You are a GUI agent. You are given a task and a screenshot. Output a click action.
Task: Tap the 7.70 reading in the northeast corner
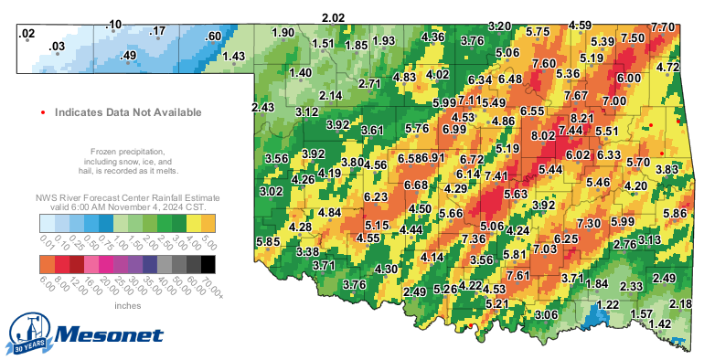(662, 27)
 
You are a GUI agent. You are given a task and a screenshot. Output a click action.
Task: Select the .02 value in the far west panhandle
(27, 34)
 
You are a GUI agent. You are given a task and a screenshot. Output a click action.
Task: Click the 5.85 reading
(268, 241)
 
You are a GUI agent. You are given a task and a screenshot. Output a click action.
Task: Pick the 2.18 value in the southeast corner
(680, 303)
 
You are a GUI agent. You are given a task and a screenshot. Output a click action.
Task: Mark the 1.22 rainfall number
(608, 305)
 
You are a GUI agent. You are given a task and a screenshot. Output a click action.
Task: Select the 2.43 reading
(262, 108)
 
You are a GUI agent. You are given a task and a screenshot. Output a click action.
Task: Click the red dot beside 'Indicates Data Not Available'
(44, 112)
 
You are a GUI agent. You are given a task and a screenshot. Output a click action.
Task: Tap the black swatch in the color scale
(208, 263)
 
